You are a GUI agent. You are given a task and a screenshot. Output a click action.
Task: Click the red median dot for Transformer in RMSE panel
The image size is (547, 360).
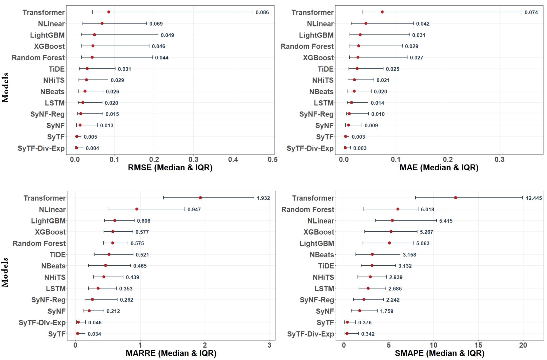click(x=109, y=12)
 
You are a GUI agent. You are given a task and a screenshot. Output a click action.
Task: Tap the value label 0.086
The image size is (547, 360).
click(x=262, y=12)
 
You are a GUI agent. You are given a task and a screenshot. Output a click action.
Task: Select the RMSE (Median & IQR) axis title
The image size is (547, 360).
click(x=170, y=167)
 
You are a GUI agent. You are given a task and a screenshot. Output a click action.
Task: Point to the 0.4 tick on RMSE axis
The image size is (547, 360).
click(x=233, y=160)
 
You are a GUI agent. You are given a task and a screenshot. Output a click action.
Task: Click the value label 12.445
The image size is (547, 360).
click(x=534, y=198)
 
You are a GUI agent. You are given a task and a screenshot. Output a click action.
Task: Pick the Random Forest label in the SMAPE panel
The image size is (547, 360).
click(x=308, y=209)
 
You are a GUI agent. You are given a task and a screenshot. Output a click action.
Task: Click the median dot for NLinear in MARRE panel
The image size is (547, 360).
click(x=137, y=209)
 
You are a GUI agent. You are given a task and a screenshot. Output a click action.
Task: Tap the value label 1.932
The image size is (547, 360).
click(x=263, y=198)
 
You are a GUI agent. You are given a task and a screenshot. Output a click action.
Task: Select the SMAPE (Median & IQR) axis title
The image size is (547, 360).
click(x=439, y=353)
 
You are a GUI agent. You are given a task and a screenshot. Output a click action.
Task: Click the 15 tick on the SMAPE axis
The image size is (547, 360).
click(x=478, y=345)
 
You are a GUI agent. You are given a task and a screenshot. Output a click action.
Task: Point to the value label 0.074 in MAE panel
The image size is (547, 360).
click(x=531, y=12)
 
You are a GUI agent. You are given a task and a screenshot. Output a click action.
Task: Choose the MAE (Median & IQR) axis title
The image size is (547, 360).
click(x=439, y=167)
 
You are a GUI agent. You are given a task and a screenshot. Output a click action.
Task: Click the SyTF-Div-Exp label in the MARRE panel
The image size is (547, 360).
click(x=42, y=322)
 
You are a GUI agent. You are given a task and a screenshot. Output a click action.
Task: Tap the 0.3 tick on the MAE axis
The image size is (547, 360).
click(x=499, y=160)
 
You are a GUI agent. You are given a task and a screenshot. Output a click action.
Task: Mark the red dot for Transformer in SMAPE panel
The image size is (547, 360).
click(x=456, y=198)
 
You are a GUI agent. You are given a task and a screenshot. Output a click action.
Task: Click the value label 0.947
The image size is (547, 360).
click(x=194, y=209)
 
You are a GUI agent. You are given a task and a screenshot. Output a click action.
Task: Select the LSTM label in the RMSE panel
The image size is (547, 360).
click(x=55, y=103)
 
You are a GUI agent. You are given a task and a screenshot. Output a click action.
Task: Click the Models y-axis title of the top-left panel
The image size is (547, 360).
click(x=6, y=87)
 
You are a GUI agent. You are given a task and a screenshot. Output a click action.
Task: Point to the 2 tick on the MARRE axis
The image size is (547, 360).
click(x=205, y=345)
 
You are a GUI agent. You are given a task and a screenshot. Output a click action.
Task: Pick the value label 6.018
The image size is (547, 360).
click(x=427, y=209)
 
